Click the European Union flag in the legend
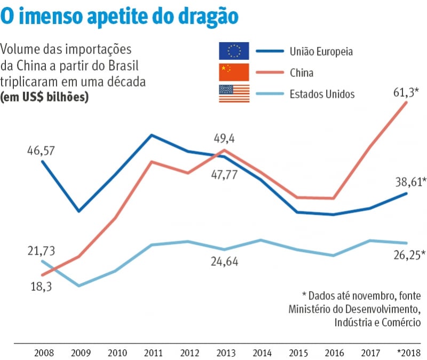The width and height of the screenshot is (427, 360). [234, 51]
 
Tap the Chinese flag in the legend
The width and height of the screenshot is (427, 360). [234, 72]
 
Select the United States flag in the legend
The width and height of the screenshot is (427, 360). [234, 93]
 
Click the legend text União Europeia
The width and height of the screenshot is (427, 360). [322, 52]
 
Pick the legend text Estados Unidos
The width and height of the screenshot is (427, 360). [322, 94]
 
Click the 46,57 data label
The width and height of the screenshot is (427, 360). [41, 151]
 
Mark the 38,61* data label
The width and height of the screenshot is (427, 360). [409, 182]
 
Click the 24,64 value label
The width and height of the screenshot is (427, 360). [224, 262]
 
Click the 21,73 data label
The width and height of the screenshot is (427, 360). [41, 251]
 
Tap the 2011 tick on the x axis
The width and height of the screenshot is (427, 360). [153, 353]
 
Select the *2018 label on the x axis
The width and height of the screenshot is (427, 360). [408, 353]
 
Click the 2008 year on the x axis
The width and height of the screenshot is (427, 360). [43, 353]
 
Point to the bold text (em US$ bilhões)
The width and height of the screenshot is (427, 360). [44, 98]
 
